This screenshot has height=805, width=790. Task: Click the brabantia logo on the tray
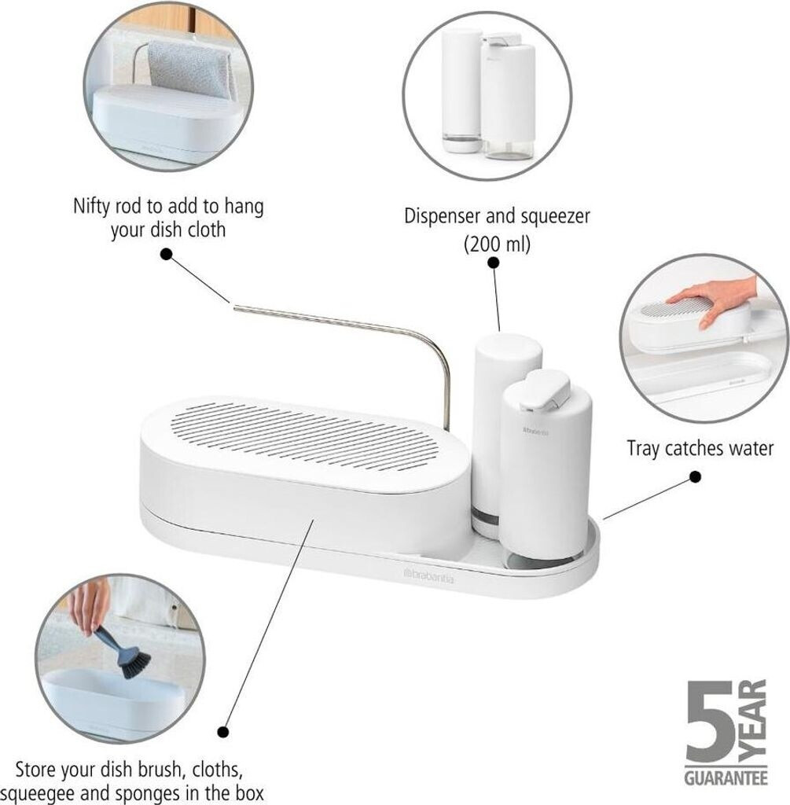pyautogui.click(x=429, y=575)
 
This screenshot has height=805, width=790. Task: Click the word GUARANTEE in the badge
pyautogui.click(x=726, y=777)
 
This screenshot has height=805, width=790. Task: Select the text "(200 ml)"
pyautogui.click(x=497, y=243)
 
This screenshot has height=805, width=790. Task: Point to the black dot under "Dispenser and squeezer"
pyautogui.click(x=494, y=263)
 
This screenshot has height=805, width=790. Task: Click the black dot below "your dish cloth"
pyautogui.click(x=167, y=254)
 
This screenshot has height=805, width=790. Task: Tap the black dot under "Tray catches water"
pyautogui.click(x=695, y=477)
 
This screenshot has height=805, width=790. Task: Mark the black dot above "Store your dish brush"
pyautogui.click(x=222, y=732)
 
